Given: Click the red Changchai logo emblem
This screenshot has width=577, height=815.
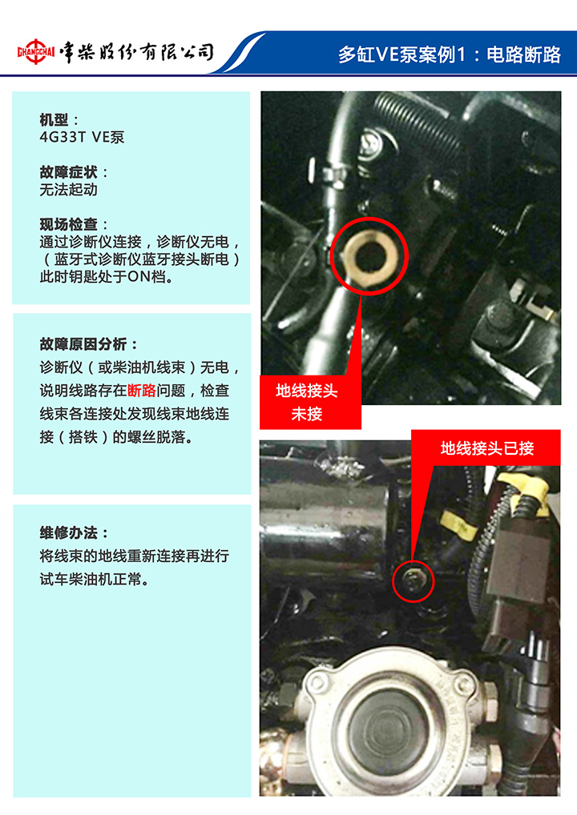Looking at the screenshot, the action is click(36, 51).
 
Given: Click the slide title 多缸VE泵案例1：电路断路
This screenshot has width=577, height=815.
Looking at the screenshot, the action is click(450, 54).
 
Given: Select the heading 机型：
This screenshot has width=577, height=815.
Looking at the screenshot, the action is click(59, 120).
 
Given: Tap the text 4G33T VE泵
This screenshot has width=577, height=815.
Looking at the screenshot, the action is click(83, 137).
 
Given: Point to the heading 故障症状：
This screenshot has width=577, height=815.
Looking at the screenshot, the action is click(74, 172).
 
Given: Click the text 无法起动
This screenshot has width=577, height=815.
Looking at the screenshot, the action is click(69, 190).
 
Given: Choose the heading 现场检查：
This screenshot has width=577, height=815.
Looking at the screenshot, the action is click(74, 224).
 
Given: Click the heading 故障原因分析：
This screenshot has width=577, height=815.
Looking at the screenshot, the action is click(88, 343).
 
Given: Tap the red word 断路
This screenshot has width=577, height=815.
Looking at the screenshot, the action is click(142, 391).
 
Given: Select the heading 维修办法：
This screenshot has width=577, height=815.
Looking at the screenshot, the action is click(74, 532).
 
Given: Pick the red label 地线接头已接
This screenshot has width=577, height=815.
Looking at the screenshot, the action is click(486, 448).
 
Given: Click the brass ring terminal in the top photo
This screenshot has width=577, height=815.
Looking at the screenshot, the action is click(369, 254).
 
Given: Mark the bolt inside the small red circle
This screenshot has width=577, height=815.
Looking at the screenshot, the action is click(414, 582).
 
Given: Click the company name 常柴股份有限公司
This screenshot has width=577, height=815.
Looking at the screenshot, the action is click(136, 52).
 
